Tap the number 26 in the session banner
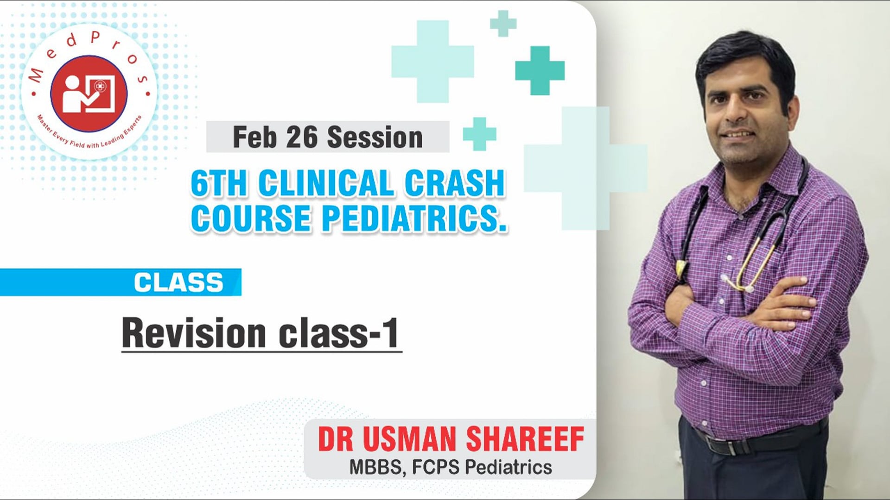301,137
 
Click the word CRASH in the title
454,184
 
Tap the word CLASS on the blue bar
178,282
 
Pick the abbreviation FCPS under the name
435,467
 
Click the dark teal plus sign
540,70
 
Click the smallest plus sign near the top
503,23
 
